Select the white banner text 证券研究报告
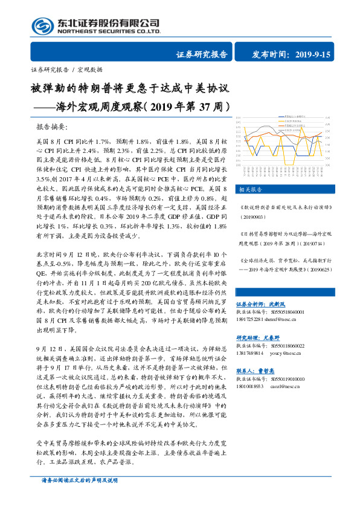202,55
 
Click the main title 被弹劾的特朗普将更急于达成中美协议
130,88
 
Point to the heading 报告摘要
53,128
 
